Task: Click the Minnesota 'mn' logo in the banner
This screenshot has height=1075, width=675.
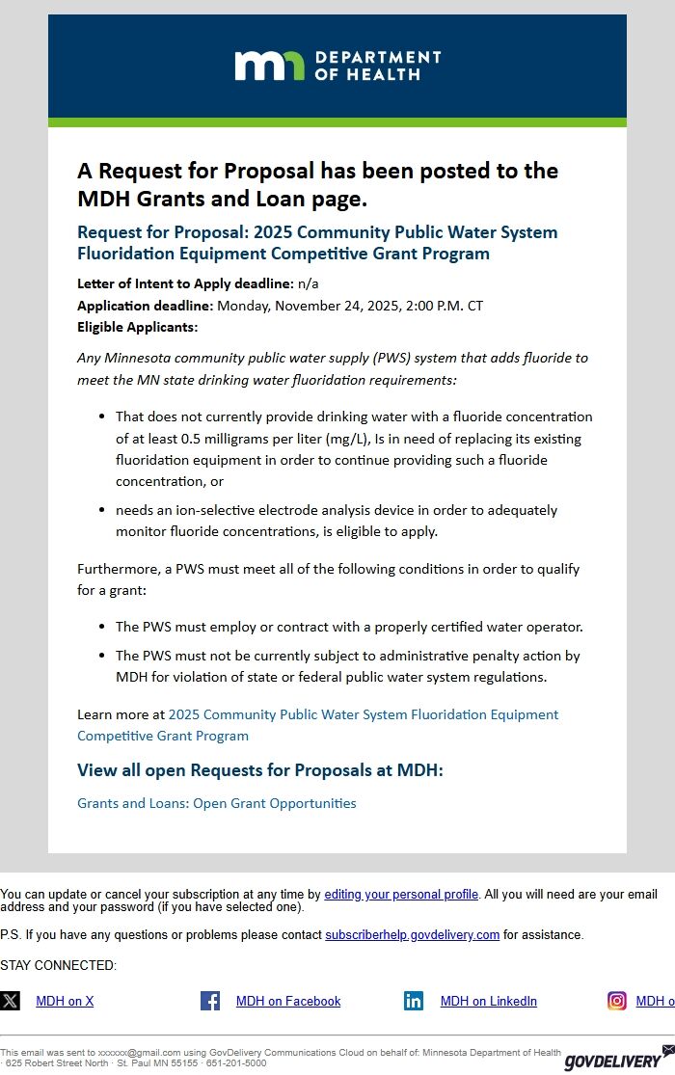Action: (x=269, y=66)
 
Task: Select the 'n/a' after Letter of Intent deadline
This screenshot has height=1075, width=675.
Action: (x=308, y=283)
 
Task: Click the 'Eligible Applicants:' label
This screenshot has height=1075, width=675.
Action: (x=137, y=327)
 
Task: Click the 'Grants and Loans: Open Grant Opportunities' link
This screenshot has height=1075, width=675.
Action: (x=217, y=803)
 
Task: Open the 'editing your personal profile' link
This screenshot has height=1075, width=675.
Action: (x=401, y=895)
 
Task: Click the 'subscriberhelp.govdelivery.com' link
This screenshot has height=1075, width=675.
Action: (x=412, y=935)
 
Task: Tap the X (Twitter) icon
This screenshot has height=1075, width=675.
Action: (x=10, y=1001)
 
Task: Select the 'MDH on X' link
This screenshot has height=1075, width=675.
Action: (x=65, y=1002)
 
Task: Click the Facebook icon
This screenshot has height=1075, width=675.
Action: (x=210, y=1001)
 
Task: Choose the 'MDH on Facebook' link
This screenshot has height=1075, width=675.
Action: (x=288, y=1002)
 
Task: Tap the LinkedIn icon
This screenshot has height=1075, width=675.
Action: (x=414, y=1001)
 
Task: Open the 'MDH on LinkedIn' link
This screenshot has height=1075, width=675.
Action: (x=488, y=1002)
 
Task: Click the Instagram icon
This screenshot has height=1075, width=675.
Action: (x=616, y=1001)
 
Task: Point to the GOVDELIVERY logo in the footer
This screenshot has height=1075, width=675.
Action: (x=613, y=1062)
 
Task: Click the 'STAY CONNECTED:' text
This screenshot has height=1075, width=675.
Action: (x=58, y=966)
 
